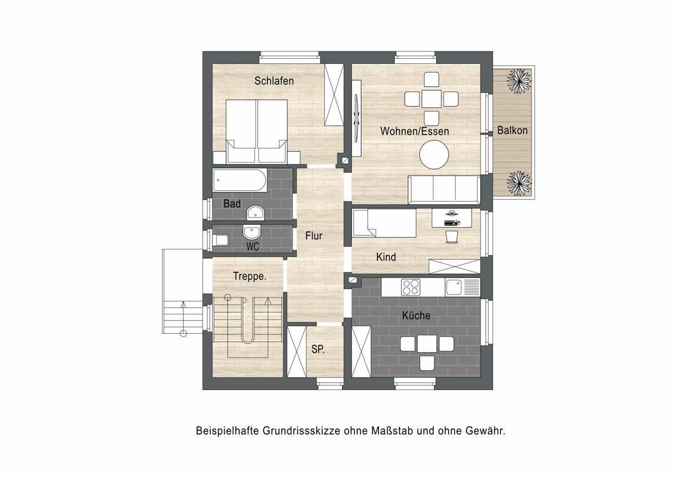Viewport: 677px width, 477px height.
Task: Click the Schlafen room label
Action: pos(274,81)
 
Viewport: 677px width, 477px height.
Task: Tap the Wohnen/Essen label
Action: pos(414,132)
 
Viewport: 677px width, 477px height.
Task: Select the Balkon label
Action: pos(512,130)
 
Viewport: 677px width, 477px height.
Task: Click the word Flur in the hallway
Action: pos(314,235)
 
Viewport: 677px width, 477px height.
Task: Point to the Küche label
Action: pos(416,316)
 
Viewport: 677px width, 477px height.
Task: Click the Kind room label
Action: pos(386,257)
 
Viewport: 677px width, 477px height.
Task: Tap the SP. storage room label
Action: pos(318,349)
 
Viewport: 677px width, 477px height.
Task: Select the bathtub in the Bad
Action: pos(240,180)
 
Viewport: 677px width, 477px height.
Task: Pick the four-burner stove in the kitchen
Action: pos(411,287)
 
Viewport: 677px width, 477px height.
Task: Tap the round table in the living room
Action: pos(434,154)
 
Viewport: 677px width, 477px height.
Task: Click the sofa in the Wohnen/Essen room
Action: pos(444,190)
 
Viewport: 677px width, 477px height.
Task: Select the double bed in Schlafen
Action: pos(257,132)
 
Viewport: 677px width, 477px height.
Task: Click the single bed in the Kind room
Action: pos(384,223)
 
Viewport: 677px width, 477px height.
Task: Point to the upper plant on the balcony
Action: pos(518,81)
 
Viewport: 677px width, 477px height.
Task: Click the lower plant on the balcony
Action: pos(518,183)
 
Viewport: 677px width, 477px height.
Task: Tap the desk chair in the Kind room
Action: pos(452,237)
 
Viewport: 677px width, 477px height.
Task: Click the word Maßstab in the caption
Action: pos(392,431)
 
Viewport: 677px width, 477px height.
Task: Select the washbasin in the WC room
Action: pos(252,231)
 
